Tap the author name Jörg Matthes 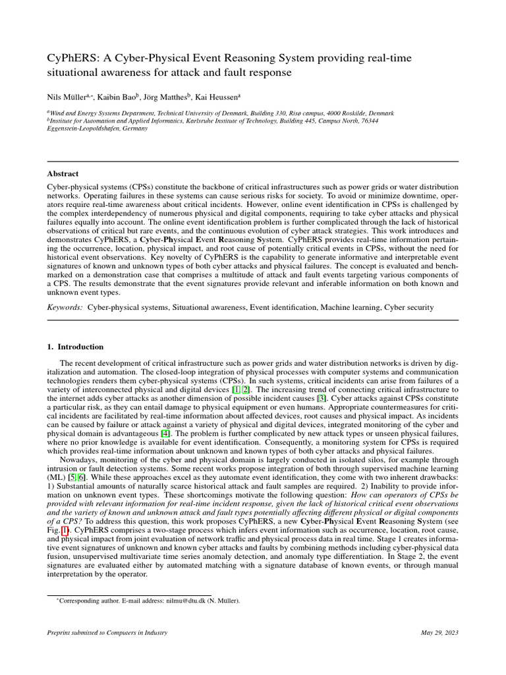pyautogui.click(x=168, y=96)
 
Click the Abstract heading pyautogui.click(x=63, y=174)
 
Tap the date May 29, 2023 pyautogui.click(x=439, y=633)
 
